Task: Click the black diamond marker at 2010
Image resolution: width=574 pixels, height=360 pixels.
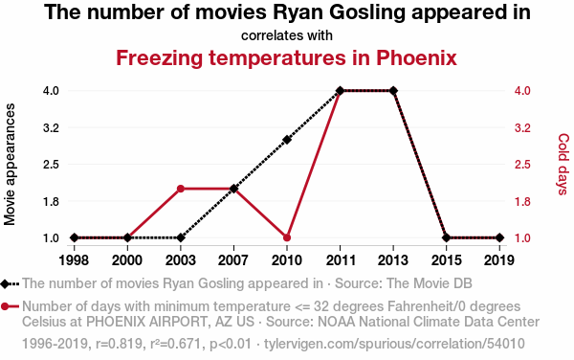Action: pyautogui.click(x=287, y=140)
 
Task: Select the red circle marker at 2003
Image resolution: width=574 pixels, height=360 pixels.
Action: pyautogui.click(x=181, y=189)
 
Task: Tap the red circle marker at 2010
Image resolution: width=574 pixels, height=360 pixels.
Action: pyautogui.click(x=287, y=237)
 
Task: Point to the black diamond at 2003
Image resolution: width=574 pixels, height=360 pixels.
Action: pyautogui.click(x=181, y=237)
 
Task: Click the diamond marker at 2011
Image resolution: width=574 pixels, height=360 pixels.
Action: pyautogui.click(x=340, y=91)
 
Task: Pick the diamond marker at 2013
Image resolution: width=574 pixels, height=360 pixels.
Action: pyautogui.click(x=393, y=91)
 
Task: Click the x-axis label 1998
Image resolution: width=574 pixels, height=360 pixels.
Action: pyautogui.click(x=74, y=260)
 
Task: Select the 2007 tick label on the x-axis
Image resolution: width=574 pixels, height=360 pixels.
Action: pyautogui.click(x=233, y=260)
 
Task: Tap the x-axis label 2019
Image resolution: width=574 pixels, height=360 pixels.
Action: pyautogui.click(x=499, y=260)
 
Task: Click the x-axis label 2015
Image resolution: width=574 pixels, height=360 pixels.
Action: pyautogui.click(x=446, y=260)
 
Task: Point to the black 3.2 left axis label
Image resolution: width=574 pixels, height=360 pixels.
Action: pyautogui.click(x=51, y=128)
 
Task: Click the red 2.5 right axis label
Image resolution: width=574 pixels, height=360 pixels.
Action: pyautogui.click(x=522, y=165)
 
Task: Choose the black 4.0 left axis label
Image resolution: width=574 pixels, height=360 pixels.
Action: pyautogui.click(x=51, y=90)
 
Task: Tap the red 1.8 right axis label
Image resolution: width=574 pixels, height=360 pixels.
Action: pyautogui.click(x=522, y=201)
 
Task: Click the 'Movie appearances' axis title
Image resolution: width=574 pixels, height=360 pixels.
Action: pyautogui.click(x=10, y=165)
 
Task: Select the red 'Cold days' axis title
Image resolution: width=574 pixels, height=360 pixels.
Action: pyautogui.click(x=563, y=164)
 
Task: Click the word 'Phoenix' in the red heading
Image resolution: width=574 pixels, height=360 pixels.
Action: pyautogui.click(x=416, y=57)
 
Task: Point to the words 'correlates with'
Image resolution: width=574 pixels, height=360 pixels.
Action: pyautogui.click(x=287, y=35)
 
